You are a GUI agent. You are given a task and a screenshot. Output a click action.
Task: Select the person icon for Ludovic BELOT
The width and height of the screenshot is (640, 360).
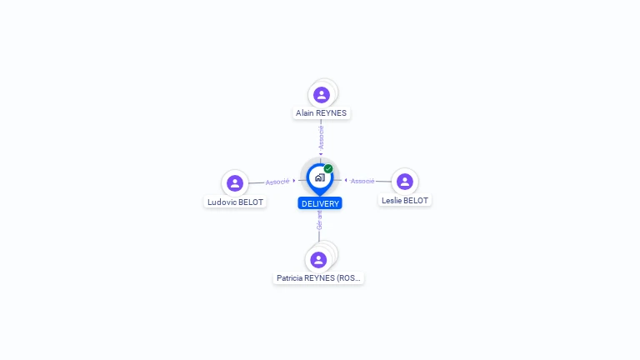[x=235, y=183]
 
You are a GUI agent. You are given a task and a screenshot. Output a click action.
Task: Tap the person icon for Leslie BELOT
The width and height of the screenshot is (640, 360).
[x=405, y=182]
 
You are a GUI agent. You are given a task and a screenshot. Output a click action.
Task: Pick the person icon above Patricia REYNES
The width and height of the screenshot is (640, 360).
[x=318, y=259]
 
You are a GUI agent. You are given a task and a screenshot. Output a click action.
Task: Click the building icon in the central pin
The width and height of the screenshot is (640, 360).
[x=319, y=177]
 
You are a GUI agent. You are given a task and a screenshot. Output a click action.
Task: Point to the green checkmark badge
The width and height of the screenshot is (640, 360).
[x=328, y=168]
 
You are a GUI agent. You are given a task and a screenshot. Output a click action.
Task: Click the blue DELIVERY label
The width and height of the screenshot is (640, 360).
[x=320, y=203]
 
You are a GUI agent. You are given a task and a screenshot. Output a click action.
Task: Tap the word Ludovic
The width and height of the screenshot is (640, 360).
[x=222, y=202]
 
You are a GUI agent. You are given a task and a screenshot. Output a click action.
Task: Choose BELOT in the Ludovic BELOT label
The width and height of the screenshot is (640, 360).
[x=251, y=202]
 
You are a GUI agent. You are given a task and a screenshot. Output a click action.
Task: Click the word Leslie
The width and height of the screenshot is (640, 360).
[x=392, y=200]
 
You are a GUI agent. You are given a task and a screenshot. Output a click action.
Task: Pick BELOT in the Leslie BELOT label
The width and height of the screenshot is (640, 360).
[x=416, y=200]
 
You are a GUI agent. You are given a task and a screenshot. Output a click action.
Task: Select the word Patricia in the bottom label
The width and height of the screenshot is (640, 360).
[x=292, y=277]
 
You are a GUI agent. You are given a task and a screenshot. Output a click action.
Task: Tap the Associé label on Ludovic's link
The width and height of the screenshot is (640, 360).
[x=277, y=182]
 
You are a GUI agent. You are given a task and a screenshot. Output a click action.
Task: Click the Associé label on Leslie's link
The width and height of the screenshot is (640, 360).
[x=362, y=181]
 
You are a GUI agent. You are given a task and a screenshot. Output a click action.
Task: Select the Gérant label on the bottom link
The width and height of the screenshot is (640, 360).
[x=318, y=220]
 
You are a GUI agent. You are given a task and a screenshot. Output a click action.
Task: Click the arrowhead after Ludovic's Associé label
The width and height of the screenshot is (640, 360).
[x=294, y=180]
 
